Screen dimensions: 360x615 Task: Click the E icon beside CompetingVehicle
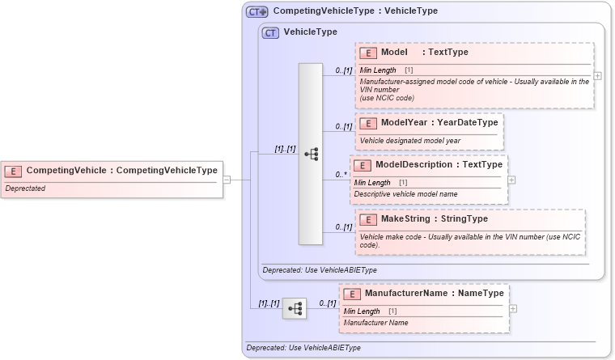(x=14, y=171)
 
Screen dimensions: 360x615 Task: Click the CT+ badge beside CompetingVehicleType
(x=257, y=11)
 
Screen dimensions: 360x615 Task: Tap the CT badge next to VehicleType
(x=271, y=32)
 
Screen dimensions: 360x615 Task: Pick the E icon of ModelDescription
(x=363, y=165)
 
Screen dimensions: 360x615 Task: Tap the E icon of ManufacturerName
(x=352, y=294)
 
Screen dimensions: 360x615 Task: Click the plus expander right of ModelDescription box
(x=511, y=180)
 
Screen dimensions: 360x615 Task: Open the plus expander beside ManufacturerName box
(x=513, y=308)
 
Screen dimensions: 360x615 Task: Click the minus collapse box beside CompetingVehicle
(x=227, y=180)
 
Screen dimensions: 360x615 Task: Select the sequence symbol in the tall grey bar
(x=311, y=154)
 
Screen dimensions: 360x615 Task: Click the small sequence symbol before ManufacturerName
(x=295, y=308)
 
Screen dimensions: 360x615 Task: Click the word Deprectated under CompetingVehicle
(x=25, y=188)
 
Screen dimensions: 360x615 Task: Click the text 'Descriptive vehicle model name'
(x=405, y=194)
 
